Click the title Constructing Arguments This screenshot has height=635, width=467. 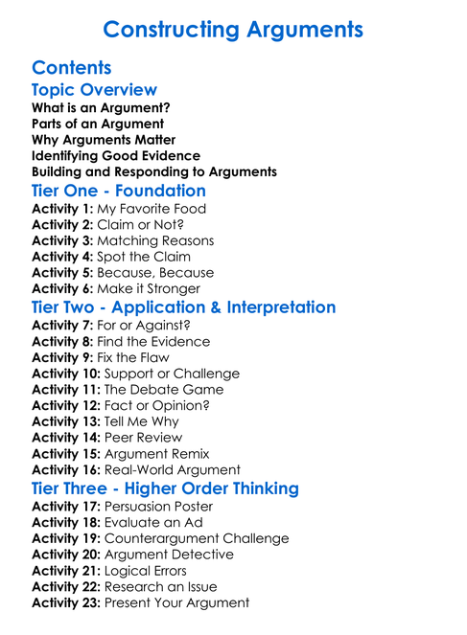tap(233, 29)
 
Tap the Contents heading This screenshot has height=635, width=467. tap(71, 67)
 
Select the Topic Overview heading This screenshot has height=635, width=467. tap(94, 90)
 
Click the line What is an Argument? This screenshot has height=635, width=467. tap(101, 108)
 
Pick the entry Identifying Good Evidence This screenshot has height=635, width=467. tap(116, 155)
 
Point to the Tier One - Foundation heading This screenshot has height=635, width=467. tap(119, 191)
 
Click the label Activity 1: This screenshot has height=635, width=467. tap(62, 209)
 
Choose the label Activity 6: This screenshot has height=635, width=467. tap(62, 288)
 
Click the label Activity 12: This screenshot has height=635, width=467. tap(66, 406)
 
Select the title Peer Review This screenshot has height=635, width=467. tap(146, 438)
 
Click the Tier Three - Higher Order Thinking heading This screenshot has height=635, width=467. tap(165, 488)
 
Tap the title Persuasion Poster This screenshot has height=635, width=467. tap(158, 507)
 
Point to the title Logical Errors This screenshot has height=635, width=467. tap(145, 571)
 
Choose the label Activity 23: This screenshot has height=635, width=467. tap(66, 602)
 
